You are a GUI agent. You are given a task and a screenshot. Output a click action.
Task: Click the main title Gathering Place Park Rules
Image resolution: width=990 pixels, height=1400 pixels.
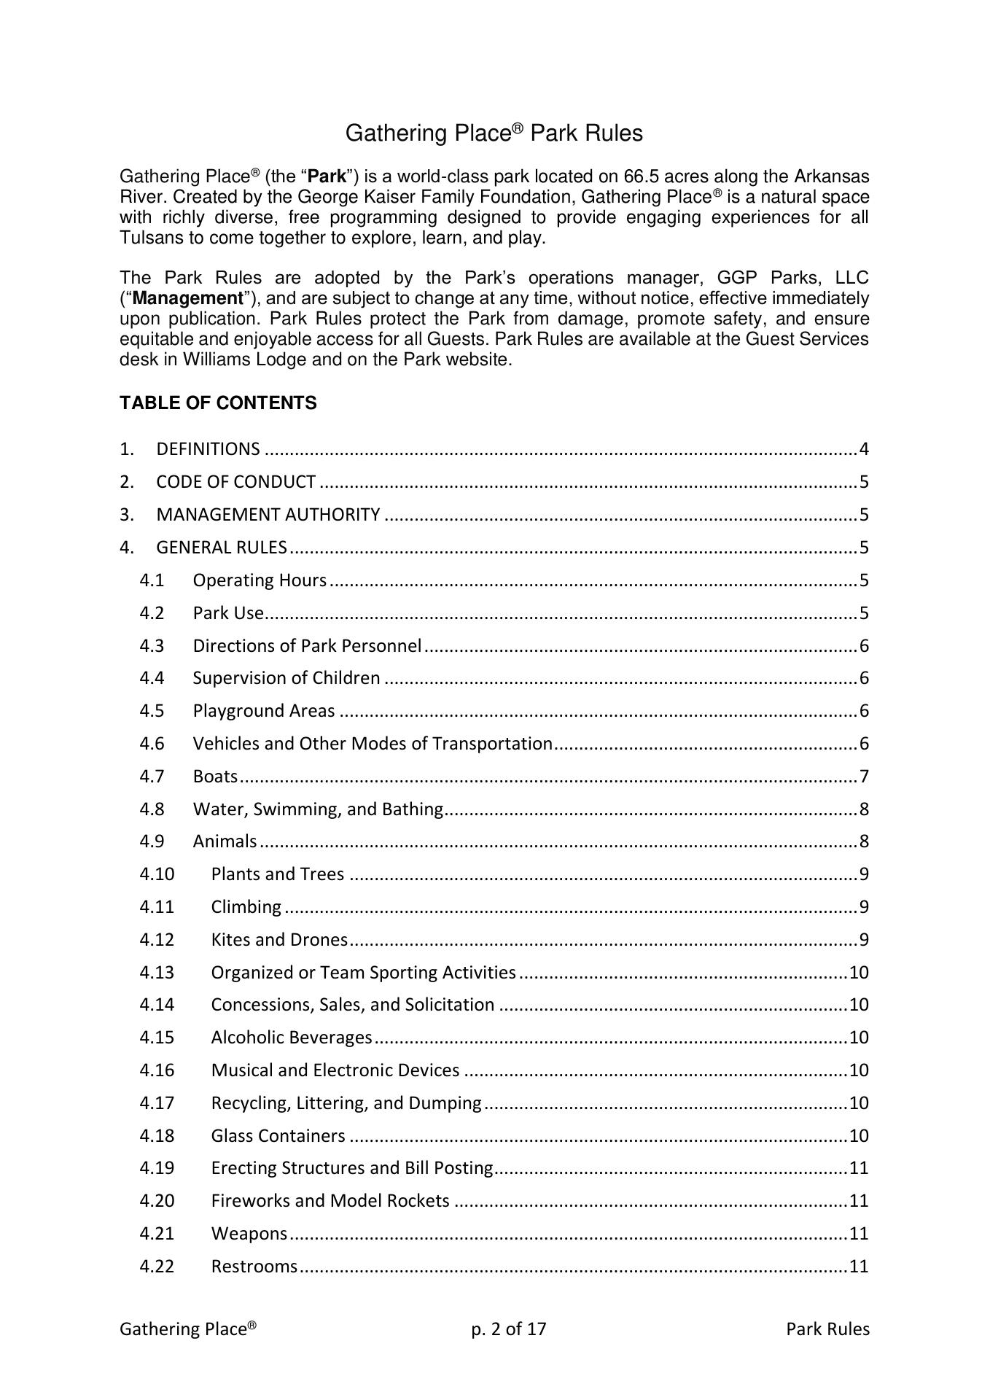click(494, 133)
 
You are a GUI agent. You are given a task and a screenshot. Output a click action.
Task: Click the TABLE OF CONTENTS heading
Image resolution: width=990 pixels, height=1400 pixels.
click(218, 403)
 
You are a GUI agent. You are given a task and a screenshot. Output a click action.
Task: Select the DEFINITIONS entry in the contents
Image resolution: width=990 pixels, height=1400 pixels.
click(208, 449)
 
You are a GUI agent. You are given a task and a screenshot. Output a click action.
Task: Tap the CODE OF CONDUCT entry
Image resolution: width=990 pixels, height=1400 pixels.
click(235, 482)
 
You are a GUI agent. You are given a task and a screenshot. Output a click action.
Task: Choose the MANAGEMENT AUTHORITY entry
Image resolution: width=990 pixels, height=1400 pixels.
click(268, 515)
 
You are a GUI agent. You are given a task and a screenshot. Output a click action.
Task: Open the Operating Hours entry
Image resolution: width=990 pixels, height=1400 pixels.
click(260, 580)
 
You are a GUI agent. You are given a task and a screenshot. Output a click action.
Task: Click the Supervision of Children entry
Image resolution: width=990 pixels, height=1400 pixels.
click(286, 678)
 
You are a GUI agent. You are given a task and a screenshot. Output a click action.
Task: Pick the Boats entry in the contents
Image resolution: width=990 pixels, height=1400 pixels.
click(215, 777)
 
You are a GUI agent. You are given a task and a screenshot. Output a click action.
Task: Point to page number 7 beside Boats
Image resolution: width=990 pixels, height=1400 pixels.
click(864, 777)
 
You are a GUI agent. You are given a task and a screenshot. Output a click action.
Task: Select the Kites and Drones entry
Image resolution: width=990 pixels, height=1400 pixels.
click(279, 940)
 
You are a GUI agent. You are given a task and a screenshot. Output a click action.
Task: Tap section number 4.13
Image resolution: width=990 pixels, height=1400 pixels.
click(157, 973)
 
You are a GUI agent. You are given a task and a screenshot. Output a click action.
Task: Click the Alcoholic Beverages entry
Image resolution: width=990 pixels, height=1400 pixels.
click(292, 1038)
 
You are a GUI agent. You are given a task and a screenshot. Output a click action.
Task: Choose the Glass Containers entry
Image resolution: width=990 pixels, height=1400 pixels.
click(278, 1136)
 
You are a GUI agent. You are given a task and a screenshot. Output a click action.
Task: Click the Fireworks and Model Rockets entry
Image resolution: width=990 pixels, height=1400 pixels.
click(330, 1201)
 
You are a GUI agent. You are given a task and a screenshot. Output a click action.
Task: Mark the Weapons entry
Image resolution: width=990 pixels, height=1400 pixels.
click(249, 1234)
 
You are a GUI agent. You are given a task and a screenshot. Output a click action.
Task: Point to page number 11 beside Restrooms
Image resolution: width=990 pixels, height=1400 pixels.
click(859, 1267)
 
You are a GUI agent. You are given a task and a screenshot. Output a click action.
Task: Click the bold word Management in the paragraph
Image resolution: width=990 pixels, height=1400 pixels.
click(187, 299)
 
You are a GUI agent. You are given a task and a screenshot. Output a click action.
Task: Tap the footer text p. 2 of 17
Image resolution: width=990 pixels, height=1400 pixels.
click(508, 1329)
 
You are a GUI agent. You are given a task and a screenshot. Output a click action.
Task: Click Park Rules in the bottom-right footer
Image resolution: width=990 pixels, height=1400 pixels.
click(827, 1329)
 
